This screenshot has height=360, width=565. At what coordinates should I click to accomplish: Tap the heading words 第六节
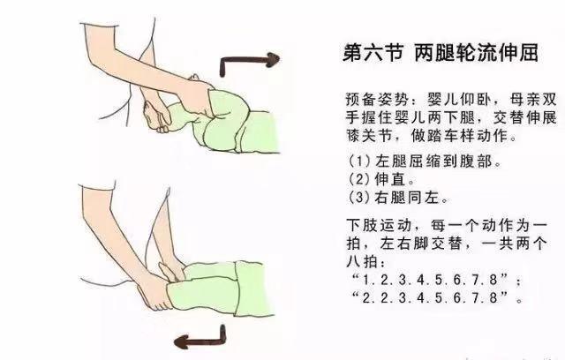point(373,53)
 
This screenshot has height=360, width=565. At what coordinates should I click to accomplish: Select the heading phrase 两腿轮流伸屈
point(476,53)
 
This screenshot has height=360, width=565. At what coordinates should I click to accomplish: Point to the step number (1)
point(360,161)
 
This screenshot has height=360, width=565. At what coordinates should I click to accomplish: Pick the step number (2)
point(360,179)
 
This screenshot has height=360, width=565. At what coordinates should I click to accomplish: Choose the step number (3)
point(360,197)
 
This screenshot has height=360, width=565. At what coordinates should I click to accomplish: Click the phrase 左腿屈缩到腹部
point(434,161)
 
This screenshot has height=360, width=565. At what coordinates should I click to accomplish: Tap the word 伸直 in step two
point(390,179)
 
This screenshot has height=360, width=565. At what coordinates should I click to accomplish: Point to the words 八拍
point(361,262)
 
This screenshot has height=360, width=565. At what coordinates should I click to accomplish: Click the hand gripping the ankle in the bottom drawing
point(155,291)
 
